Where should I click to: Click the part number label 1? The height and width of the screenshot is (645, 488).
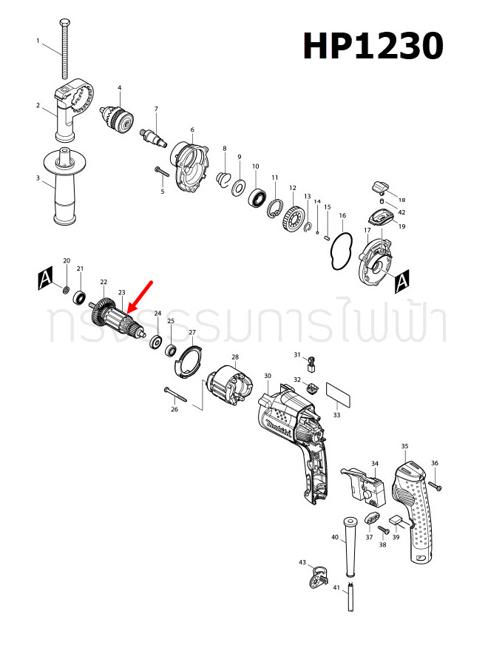coord(38,41)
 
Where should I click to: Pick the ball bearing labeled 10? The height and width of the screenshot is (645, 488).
coord(257,197)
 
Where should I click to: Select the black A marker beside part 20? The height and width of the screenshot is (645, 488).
coord(45,279)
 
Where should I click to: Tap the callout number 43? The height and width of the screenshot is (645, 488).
coord(302,562)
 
